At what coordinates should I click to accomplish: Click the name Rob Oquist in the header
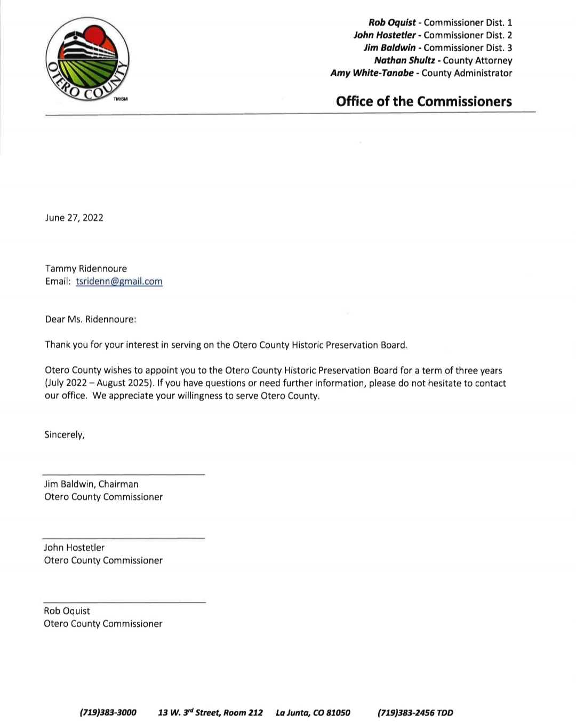click(392, 22)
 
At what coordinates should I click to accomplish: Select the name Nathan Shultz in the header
click(404, 60)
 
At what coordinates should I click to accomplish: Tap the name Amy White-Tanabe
click(372, 73)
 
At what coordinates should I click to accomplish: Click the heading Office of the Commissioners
click(423, 101)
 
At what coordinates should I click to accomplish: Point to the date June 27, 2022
click(74, 218)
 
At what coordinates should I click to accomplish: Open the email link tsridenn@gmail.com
click(119, 281)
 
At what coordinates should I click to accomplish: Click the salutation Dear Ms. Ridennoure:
click(91, 319)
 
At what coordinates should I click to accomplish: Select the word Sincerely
click(64, 434)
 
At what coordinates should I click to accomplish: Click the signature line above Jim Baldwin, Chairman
click(123, 474)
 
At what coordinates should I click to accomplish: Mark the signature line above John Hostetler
click(123, 538)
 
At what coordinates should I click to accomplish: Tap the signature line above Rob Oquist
click(123, 602)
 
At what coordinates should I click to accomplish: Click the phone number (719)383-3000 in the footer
click(108, 712)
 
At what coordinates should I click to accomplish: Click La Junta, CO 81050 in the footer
click(313, 712)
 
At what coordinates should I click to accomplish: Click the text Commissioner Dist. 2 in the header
click(468, 35)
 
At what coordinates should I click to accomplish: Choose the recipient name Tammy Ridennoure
click(86, 268)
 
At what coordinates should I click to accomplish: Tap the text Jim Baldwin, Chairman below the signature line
click(91, 484)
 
